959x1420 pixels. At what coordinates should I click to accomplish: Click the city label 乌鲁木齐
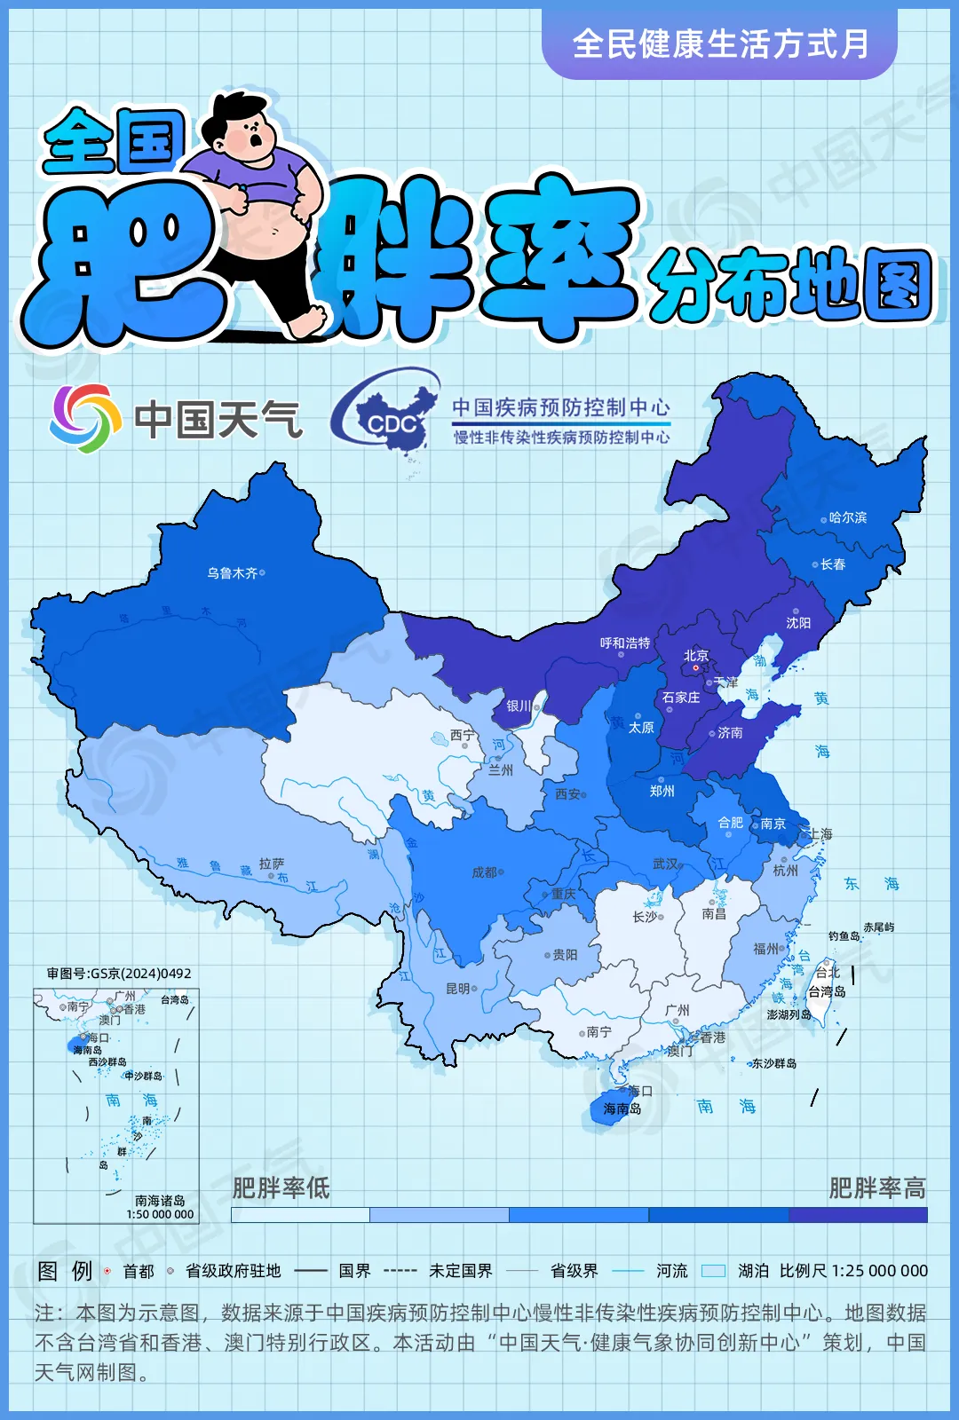point(233,573)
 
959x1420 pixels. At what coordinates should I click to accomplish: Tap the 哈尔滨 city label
point(847,517)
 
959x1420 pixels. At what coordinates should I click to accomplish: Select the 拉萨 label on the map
point(272,864)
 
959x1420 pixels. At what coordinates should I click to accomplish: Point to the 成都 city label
point(484,872)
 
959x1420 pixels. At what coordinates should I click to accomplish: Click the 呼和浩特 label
point(624,643)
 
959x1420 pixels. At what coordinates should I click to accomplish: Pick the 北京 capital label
point(696,655)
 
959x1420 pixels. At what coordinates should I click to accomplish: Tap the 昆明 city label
point(458,989)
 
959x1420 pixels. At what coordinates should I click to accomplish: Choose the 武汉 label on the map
point(665,864)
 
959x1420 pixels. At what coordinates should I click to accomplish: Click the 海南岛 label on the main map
point(622,1108)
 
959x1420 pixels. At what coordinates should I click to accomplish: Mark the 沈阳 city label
point(798,623)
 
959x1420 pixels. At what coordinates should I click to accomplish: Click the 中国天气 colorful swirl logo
point(85,418)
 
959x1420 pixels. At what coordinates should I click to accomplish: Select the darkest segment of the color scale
point(858,1215)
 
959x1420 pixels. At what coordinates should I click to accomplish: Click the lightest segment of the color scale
point(300,1215)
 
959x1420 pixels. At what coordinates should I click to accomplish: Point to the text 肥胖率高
point(876,1187)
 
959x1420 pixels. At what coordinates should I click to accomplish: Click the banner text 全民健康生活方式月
point(720,43)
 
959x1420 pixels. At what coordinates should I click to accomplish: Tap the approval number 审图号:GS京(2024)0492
point(119,974)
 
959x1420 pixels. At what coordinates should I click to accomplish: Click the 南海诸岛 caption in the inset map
point(160,1201)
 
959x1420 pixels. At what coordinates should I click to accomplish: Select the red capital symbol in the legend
point(107,1271)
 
